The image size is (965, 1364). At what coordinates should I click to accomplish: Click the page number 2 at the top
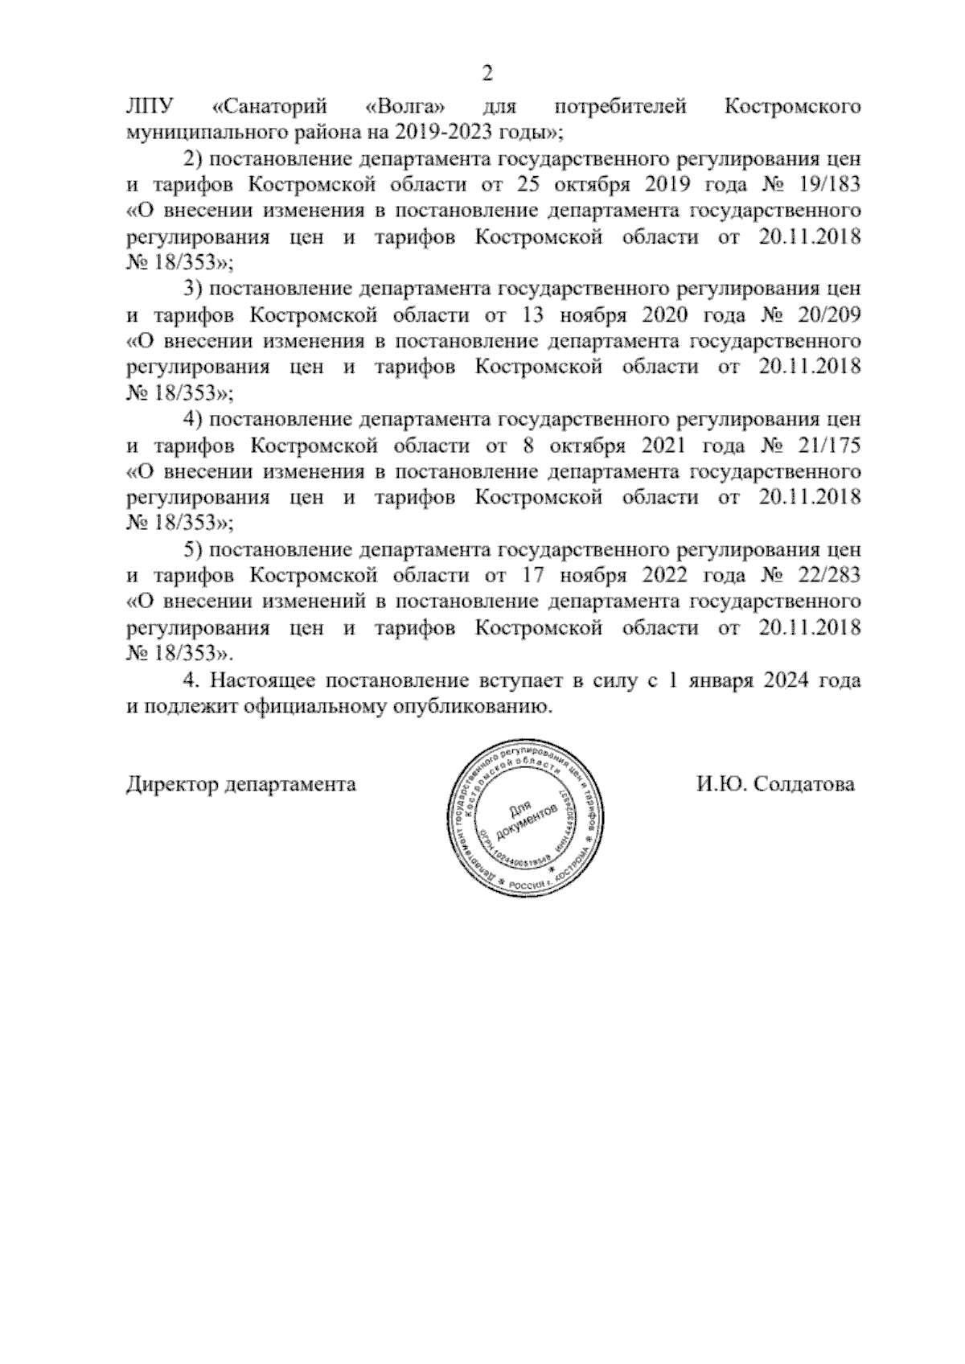tap(486, 75)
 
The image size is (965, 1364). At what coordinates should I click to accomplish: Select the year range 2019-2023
tap(444, 131)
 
